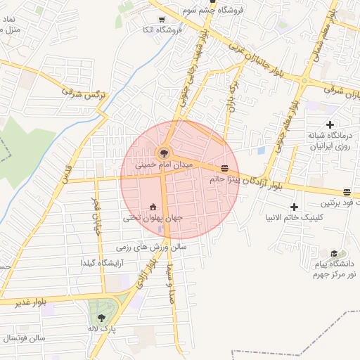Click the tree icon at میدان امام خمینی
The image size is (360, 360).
164,152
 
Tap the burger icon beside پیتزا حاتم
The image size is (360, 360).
224,168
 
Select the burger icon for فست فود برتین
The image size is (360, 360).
347,192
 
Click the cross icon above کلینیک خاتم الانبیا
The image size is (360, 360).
294,207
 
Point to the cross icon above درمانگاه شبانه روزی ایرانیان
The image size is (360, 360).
330,124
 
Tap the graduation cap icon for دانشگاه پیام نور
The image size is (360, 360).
333,254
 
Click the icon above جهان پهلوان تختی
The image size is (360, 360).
153,207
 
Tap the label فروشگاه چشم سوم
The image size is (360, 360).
212,10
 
